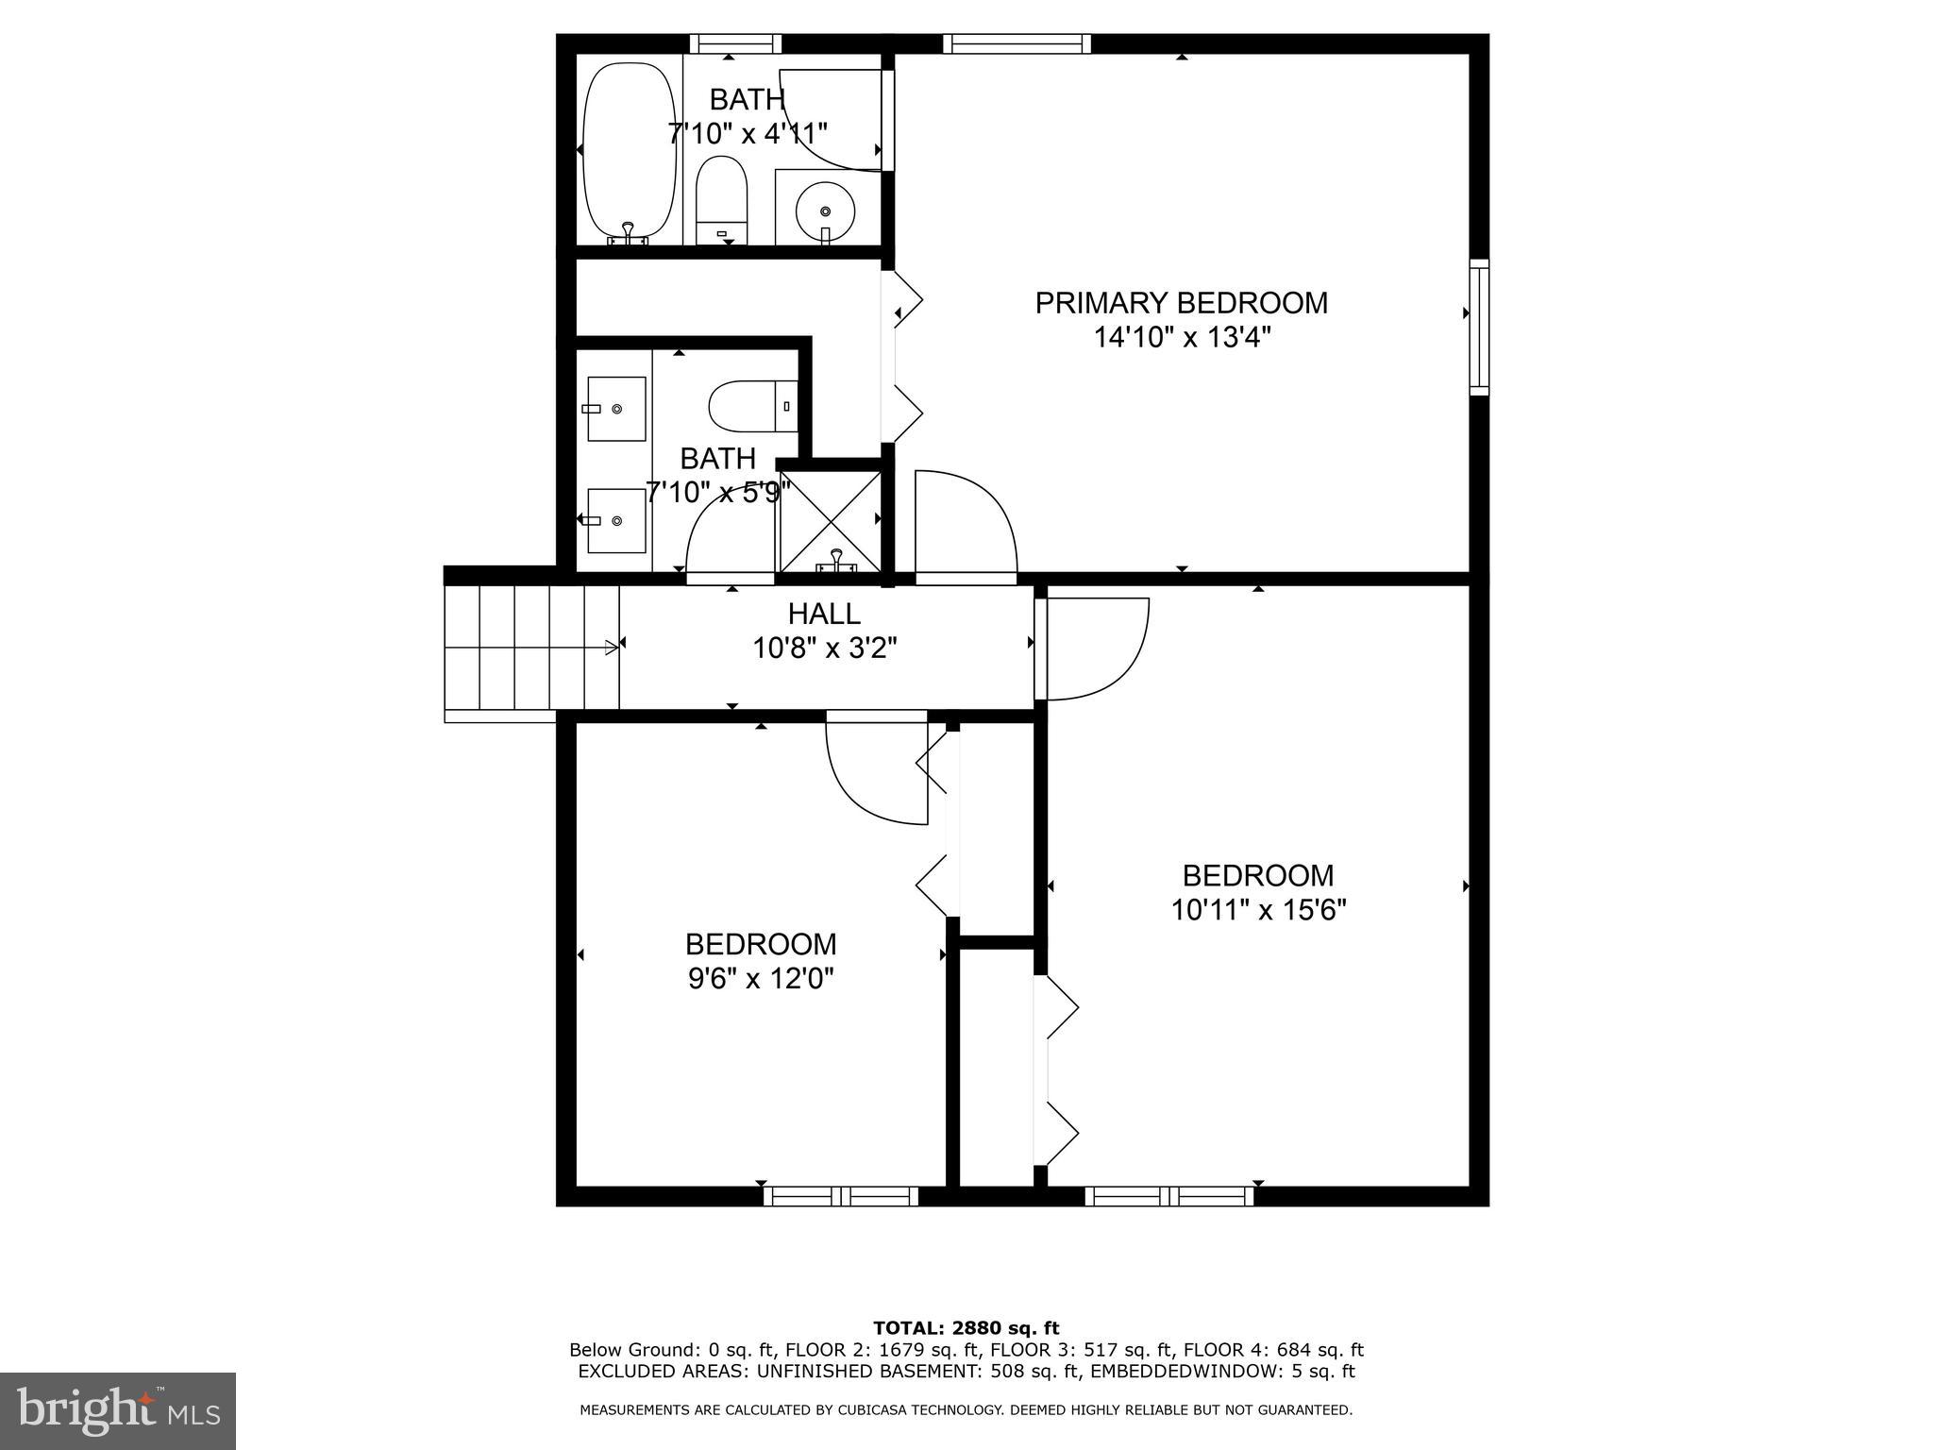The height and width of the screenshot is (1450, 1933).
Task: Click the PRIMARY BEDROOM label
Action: pos(1181,303)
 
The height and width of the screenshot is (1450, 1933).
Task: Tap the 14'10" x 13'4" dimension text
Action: pos(1182,338)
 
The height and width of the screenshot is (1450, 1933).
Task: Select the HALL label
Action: pos(824,615)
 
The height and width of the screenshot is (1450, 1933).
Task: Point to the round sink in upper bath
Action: pos(825,211)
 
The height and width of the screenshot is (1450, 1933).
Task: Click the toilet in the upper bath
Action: pos(722,200)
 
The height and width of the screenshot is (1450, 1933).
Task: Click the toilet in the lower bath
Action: pos(753,406)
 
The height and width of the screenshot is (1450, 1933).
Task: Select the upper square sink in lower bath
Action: pos(616,409)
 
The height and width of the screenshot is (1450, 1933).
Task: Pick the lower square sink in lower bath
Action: pos(616,520)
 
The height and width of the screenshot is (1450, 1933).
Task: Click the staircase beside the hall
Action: pos(531,648)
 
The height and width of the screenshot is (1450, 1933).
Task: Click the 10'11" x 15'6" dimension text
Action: pos(1258,910)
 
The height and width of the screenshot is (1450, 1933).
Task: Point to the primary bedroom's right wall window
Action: pos(1479,327)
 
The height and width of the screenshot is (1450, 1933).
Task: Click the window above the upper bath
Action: pos(735,43)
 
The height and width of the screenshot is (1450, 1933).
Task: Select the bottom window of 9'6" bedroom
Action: pos(840,1197)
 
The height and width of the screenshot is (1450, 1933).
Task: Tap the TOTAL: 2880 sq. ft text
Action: pos(966,1328)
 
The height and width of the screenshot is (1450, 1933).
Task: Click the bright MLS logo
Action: pos(118,1411)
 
